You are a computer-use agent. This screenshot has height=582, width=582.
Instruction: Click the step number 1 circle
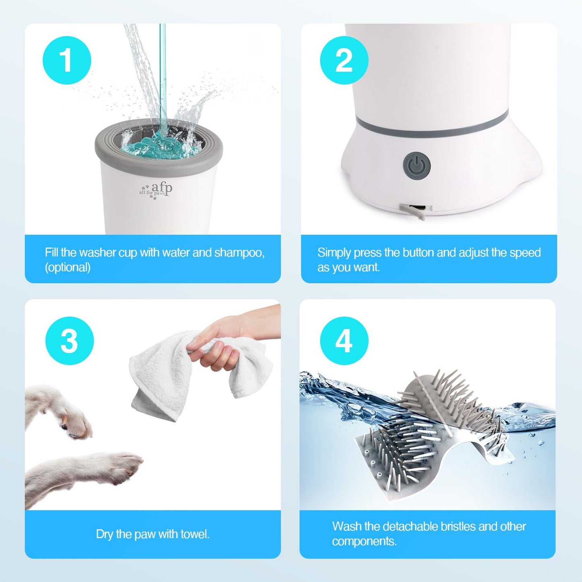67,60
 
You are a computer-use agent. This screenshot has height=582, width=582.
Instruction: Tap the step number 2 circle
344,60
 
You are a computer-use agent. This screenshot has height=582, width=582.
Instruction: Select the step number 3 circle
69,341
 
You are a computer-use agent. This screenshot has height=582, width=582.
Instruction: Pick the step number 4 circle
344,341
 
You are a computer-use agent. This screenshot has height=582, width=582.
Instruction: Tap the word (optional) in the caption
68,267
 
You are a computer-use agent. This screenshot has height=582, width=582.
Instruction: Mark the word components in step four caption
364,541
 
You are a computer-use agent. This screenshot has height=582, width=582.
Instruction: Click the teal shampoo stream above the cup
162,81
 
